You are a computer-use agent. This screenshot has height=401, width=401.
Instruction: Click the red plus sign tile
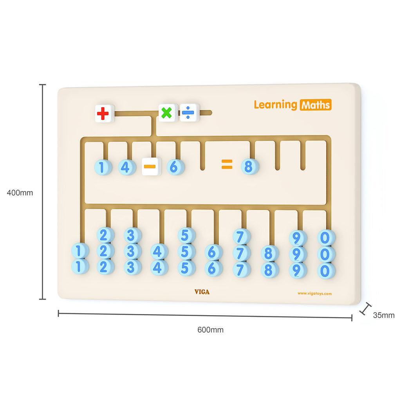pos(104,114)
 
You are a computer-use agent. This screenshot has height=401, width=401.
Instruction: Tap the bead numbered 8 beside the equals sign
pos(249,167)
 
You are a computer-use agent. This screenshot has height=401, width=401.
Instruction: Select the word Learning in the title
pos(275,105)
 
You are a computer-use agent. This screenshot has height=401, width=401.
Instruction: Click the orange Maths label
pos(316,105)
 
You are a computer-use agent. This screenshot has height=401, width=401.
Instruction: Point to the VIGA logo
pos(202,292)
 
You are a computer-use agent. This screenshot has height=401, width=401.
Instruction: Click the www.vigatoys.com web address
pos(314,293)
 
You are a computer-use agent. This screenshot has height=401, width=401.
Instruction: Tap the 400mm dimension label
pos(20,193)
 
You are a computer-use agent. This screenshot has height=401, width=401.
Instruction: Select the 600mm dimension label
pos(210,330)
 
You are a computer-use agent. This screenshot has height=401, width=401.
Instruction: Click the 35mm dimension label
pos(383,315)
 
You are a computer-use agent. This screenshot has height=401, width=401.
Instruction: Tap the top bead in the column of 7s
pos(242,237)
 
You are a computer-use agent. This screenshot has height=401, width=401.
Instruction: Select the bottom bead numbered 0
pos(326,271)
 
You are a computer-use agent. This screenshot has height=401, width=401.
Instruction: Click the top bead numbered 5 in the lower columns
pos(186,235)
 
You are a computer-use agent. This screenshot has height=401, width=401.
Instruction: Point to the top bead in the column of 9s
pos(298,238)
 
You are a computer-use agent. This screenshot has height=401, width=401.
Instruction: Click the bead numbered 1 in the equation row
pos(102,168)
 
